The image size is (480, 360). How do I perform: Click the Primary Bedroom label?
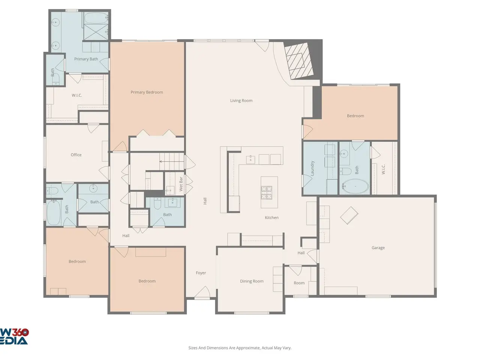tap(147, 92)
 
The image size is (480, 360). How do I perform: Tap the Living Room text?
tap(241, 100)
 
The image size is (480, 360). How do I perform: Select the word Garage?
tap(378, 247)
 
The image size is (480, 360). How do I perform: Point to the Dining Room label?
tap(252, 281)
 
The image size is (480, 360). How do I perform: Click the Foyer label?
tap(201, 273)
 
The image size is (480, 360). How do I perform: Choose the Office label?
tap(76, 155)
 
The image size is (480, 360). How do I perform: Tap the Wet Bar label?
tap(181, 184)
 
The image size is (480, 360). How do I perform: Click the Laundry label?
tap(312, 168)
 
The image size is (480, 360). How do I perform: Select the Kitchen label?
tap(271, 217)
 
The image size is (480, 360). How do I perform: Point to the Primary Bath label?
tap(86, 59)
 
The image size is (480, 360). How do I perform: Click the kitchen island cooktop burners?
tap(267, 192)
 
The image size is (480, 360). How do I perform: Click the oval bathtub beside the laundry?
tap(355, 186)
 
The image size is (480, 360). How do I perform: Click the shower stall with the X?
tap(96, 32)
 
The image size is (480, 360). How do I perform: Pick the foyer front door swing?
tap(202, 292)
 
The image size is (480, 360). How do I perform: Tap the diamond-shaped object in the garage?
tap(349, 215)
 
